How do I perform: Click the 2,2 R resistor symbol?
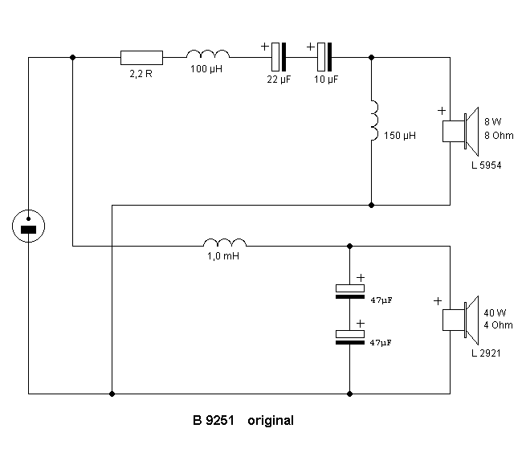click(141, 57)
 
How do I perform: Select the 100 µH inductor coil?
click(208, 55)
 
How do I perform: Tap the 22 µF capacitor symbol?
click(278, 57)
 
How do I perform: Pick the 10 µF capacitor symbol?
click(324, 57)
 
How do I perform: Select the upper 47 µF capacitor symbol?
click(350, 290)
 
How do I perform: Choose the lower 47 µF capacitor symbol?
click(350, 337)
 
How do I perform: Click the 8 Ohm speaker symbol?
click(460, 132)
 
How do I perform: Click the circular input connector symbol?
click(28, 227)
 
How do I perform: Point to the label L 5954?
click(487, 165)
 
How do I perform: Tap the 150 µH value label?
click(400, 137)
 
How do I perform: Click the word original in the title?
click(271, 420)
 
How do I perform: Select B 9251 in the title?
click(213, 420)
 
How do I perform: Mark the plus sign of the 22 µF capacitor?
click(265, 46)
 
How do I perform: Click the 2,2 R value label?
click(141, 73)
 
